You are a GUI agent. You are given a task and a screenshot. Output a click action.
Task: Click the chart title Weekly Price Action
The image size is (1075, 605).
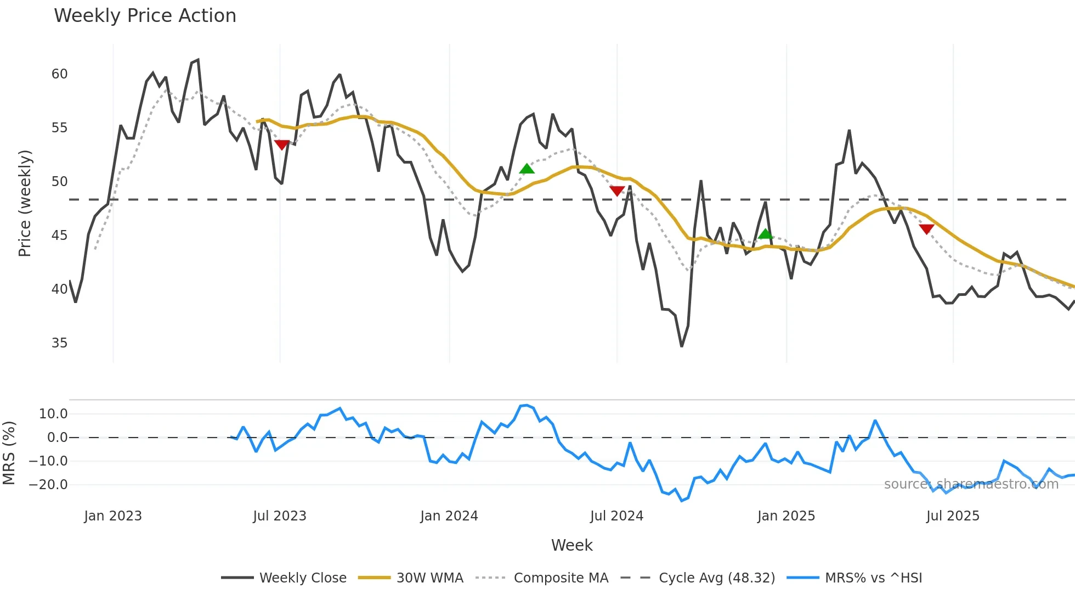tap(145, 16)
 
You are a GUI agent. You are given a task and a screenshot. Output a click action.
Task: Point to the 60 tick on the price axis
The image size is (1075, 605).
tap(59, 74)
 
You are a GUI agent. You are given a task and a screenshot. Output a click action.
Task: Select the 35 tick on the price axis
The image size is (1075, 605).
tap(59, 343)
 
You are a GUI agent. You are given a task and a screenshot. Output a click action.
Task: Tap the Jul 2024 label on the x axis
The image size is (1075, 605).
tap(616, 516)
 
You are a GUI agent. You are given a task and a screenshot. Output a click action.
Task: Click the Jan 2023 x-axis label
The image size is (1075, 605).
tap(113, 516)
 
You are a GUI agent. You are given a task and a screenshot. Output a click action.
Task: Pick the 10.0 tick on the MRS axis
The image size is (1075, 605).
tap(53, 414)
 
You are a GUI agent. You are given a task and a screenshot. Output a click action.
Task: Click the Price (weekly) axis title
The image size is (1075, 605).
tap(25, 203)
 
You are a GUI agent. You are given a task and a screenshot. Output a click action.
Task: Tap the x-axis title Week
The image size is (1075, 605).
tap(572, 545)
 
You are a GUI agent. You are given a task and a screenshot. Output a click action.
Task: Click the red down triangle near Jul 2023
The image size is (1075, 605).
tap(281, 145)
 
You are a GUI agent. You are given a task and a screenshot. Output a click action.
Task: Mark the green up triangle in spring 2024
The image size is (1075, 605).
tap(527, 169)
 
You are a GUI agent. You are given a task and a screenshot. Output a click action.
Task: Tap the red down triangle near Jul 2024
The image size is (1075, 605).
tap(617, 191)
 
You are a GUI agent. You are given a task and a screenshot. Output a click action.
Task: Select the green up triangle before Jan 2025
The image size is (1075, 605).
tap(765, 234)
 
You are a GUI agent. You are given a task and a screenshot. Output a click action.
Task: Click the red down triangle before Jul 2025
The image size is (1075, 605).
tap(926, 229)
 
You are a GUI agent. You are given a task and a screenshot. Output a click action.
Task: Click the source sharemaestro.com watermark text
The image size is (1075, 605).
tap(971, 484)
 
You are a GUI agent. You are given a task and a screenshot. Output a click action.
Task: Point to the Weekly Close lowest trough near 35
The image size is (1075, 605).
tap(682, 346)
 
